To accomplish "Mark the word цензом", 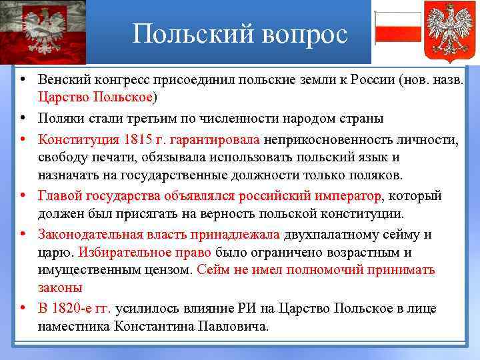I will [173, 270].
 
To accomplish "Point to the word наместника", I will [73, 327].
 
